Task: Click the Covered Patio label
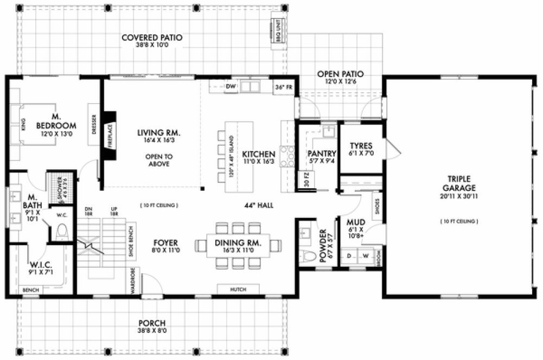(x=151, y=38)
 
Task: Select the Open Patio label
(x=340, y=74)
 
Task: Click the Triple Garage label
(x=458, y=183)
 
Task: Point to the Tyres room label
(x=361, y=146)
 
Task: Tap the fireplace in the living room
(x=109, y=136)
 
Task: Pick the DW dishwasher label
(x=230, y=86)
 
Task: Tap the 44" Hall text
(x=259, y=205)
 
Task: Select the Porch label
(x=151, y=323)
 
